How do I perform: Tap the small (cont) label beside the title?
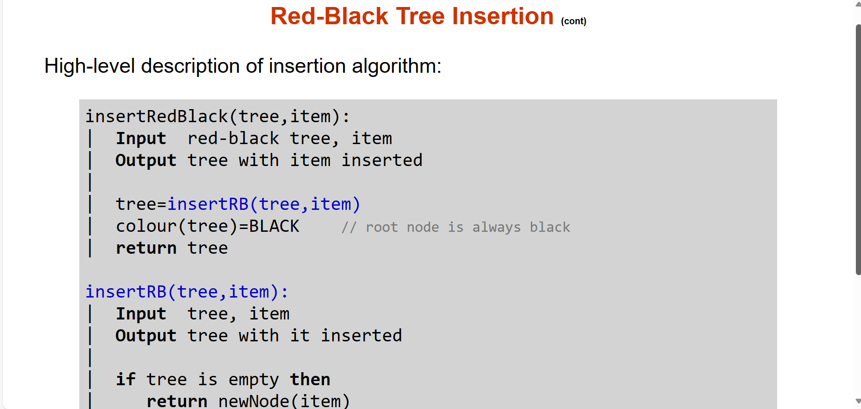tap(573, 21)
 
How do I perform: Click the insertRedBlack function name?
tap(157, 116)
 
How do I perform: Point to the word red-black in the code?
tap(233, 138)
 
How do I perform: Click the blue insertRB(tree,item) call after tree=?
tap(264, 204)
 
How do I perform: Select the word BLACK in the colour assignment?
tap(274, 226)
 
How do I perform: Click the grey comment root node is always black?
tap(455, 227)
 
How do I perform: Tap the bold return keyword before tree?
tap(146, 248)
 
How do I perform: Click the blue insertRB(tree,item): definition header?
tap(187, 291)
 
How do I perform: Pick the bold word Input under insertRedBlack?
tap(141, 138)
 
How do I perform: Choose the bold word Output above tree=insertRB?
tap(146, 160)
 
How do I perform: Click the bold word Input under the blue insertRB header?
tap(141, 313)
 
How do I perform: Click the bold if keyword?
tap(125, 379)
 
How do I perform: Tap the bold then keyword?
tap(310, 379)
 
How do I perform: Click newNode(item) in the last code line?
tap(284, 401)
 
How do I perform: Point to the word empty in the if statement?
tap(254, 380)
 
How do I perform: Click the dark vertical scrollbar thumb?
tap(858, 149)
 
